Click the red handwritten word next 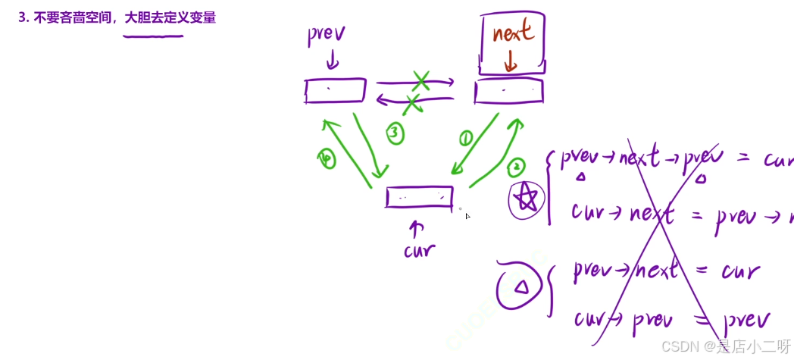[513, 33]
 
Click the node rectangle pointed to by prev [335, 91]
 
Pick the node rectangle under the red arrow [508, 91]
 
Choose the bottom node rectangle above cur [419, 197]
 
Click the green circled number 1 [465, 138]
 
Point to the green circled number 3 [394, 134]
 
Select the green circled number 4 [327, 158]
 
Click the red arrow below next [510, 61]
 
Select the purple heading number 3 [23, 17]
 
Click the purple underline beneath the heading [153, 36]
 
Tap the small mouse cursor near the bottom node [467, 216]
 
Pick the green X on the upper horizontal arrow [420, 80]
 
